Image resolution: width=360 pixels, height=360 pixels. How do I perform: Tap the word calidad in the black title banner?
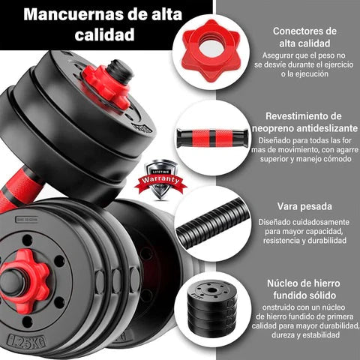(104, 34)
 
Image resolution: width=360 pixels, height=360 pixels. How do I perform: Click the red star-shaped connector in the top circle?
(211, 50)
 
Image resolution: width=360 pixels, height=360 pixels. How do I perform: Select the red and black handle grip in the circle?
(212, 138)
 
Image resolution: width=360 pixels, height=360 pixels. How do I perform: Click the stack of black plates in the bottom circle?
(211, 307)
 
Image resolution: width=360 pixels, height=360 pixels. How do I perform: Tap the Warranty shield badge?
(160, 179)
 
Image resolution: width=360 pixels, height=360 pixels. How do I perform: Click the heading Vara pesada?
(304, 206)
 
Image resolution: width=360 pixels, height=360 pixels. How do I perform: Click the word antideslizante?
(327, 128)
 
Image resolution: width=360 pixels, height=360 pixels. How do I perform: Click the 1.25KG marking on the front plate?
(27, 341)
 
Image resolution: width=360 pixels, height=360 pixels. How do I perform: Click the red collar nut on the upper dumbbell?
(106, 86)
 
